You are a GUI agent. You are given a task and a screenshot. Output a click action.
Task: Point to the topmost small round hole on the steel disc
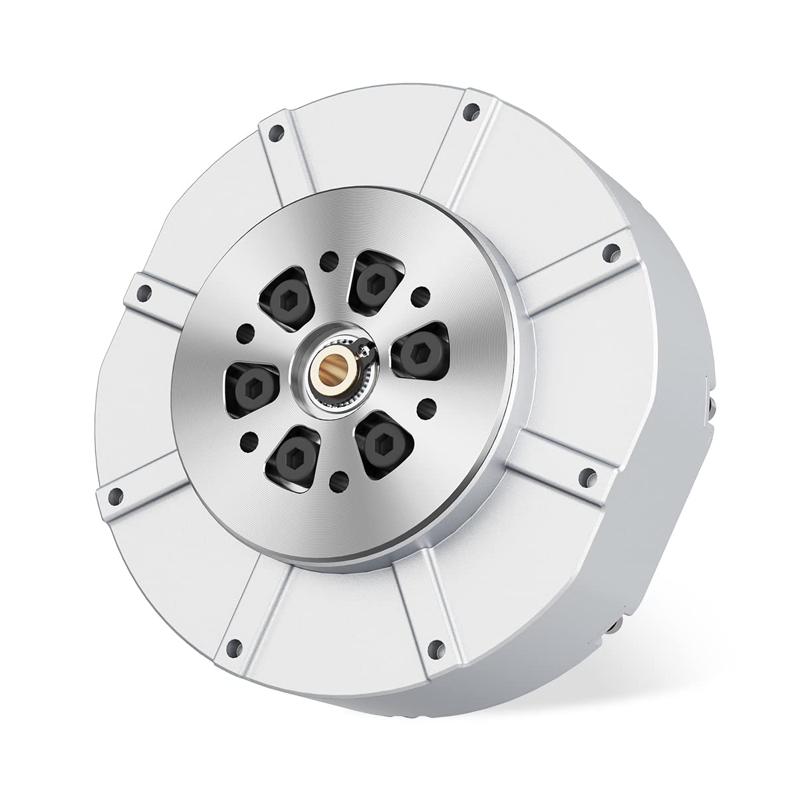(327, 259)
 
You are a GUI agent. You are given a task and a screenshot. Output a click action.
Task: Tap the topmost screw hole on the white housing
(471, 110)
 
